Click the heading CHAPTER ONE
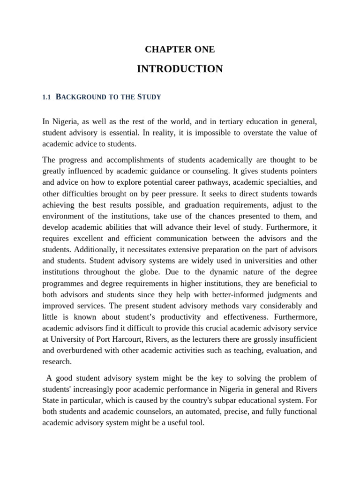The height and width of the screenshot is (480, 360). (x=180, y=49)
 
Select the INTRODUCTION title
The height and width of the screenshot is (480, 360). (x=180, y=69)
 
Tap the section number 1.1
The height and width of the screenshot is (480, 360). (x=46, y=97)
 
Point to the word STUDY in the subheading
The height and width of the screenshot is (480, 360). (x=149, y=97)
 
